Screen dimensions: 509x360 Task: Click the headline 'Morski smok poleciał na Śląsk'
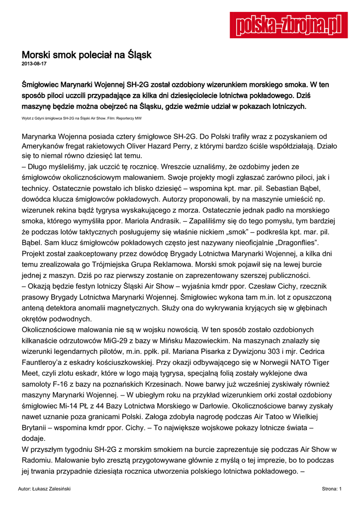(x=86, y=54)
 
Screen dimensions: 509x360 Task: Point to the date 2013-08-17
(x=34, y=64)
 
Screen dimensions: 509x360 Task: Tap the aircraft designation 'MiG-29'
(x=114, y=340)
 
